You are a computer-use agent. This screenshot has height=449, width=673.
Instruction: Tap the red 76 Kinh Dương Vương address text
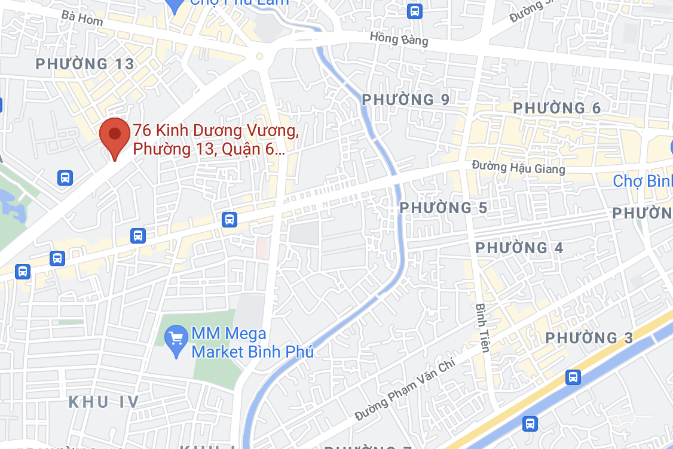pos(215,139)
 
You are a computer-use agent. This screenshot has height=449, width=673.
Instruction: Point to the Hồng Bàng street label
pos(399,39)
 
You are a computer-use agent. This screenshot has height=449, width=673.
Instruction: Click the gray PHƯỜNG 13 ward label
pos(85,64)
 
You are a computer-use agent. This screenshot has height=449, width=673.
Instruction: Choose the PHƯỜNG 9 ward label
pos(406,99)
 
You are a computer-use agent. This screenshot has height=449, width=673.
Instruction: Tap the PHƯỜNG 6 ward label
pos(557,108)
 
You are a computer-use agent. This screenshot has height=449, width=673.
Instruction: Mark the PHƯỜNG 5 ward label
pos(443,208)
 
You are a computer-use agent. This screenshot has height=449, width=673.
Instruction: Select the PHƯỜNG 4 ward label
pos(519,247)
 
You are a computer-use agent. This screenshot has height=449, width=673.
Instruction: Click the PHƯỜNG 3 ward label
pos(589,338)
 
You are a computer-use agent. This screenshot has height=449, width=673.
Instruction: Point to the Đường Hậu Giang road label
pos(518,168)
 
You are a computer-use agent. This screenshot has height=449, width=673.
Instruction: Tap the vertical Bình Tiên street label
pos(482,327)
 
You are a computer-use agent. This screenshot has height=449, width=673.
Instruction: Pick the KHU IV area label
pos(104,401)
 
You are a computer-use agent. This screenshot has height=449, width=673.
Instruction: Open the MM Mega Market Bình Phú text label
pos(252,343)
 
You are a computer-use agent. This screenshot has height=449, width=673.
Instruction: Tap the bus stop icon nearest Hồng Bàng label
pos(414,11)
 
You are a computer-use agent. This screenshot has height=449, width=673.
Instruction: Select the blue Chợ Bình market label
pos(643,180)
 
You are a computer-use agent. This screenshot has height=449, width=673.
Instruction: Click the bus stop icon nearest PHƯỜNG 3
pos(573,377)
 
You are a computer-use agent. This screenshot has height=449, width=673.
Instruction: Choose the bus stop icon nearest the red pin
pos(65,177)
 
